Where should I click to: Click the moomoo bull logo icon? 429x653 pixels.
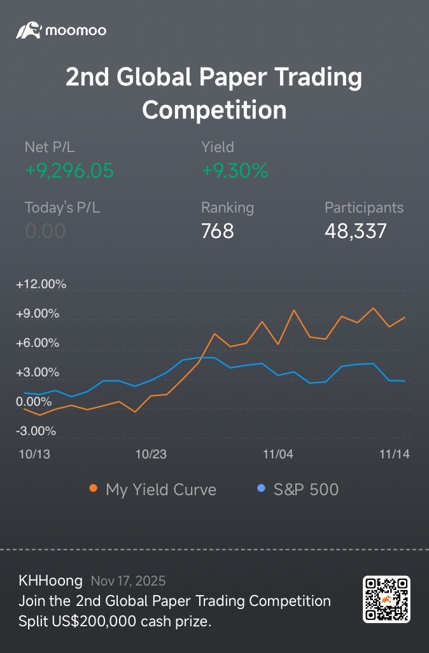pyautogui.click(x=29, y=31)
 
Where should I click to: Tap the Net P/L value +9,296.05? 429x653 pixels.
pyautogui.click(x=69, y=171)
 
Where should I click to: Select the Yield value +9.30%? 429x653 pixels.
pyautogui.click(x=235, y=171)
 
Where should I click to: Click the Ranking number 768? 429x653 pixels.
pyautogui.click(x=218, y=231)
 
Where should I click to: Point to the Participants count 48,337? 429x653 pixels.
pyautogui.click(x=356, y=231)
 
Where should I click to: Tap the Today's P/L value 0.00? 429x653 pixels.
pyautogui.click(x=45, y=231)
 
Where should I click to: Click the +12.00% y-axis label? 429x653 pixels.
pyautogui.click(x=41, y=284)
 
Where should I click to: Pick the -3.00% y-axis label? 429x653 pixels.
pyautogui.click(x=36, y=431)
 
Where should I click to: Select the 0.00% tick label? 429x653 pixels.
pyautogui.click(x=34, y=402)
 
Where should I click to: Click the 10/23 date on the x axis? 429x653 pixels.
pyautogui.click(x=151, y=454)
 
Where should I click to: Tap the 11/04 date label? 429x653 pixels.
pyautogui.click(x=278, y=454)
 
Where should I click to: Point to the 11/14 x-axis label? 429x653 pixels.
pyautogui.click(x=395, y=454)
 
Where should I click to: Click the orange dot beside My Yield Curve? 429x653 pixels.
pyautogui.click(x=94, y=488)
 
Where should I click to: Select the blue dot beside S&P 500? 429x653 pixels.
pyautogui.click(x=261, y=488)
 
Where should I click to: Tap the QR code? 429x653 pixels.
pyautogui.click(x=386, y=600)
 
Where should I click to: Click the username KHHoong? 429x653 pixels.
pyautogui.click(x=50, y=580)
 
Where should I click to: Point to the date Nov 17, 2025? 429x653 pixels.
pyautogui.click(x=129, y=581)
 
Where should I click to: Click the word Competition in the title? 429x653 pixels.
pyautogui.click(x=214, y=110)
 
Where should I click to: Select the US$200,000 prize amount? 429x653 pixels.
pyautogui.click(x=94, y=621)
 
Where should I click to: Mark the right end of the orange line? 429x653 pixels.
pyautogui.click(x=405, y=318)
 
